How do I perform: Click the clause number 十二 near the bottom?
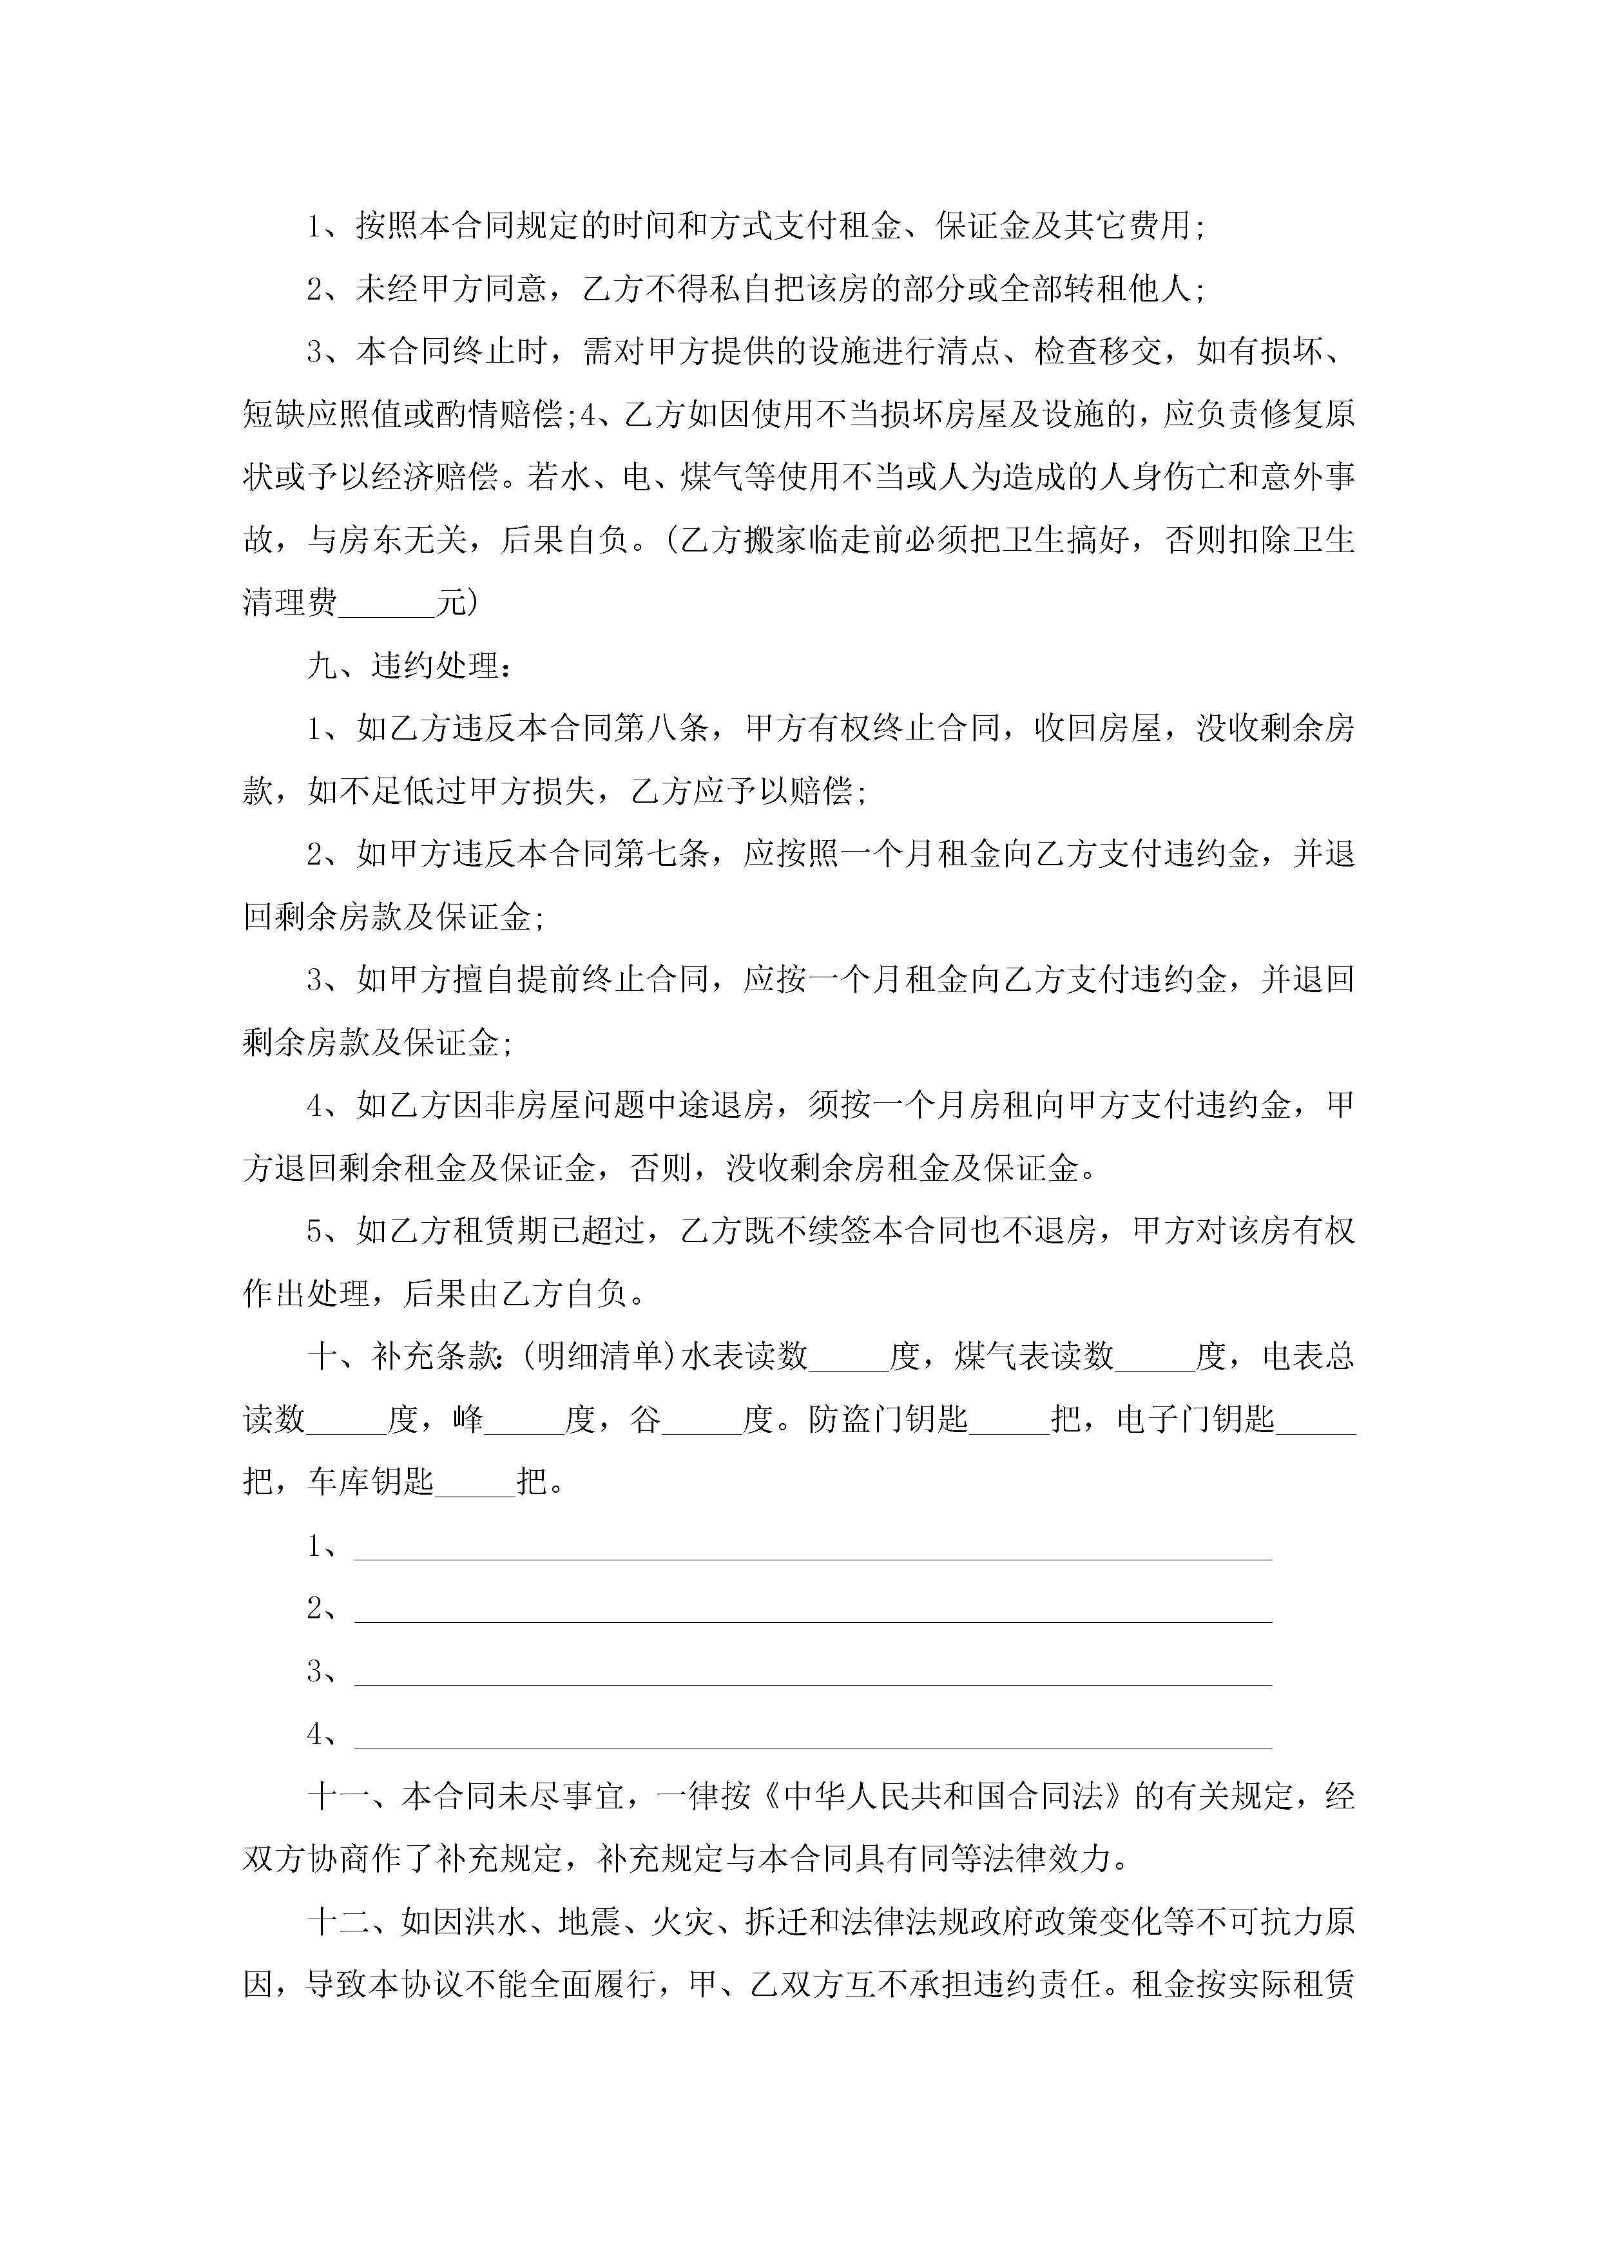pyautogui.click(x=339, y=1922)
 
